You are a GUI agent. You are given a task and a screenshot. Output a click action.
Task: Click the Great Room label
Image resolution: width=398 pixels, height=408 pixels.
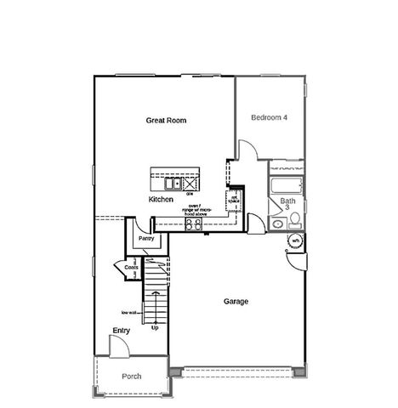(166, 121)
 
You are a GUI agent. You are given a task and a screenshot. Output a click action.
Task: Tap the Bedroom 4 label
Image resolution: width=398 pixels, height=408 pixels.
(268, 118)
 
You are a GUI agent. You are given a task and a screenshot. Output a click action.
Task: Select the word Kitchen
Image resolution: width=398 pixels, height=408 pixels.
(161, 199)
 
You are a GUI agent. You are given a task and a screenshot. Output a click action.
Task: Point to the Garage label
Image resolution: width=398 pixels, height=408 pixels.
(236, 302)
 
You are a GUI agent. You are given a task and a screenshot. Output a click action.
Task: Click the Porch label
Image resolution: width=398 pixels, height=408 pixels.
(131, 376)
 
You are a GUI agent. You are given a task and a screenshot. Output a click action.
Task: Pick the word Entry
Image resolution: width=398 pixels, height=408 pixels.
(121, 331)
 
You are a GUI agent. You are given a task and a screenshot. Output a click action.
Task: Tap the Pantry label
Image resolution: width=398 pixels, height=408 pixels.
(145, 240)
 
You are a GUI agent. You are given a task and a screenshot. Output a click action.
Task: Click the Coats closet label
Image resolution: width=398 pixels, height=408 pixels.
(131, 268)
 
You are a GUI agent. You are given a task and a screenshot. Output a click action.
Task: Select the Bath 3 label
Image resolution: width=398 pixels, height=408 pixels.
(287, 204)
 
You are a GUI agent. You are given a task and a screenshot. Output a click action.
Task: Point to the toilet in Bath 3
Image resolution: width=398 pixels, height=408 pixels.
(294, 221)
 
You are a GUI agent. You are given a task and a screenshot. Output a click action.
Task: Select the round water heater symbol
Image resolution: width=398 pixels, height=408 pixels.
(295, 241)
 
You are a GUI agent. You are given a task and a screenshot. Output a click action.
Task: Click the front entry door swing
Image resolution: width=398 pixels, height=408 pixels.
(119, 347)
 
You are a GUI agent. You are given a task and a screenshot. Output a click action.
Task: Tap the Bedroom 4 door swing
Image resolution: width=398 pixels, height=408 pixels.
(247, 151)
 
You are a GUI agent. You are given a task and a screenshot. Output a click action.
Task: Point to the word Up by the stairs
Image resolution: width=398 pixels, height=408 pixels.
(154, 327)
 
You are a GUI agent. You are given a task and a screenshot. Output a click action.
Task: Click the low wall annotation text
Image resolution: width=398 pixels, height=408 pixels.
(128, 313)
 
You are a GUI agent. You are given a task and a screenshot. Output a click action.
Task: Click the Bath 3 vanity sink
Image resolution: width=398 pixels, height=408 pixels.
(277, 224)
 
